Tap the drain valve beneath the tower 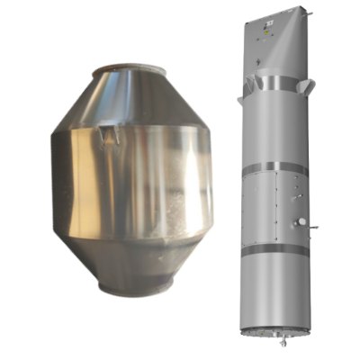[282, 342]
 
